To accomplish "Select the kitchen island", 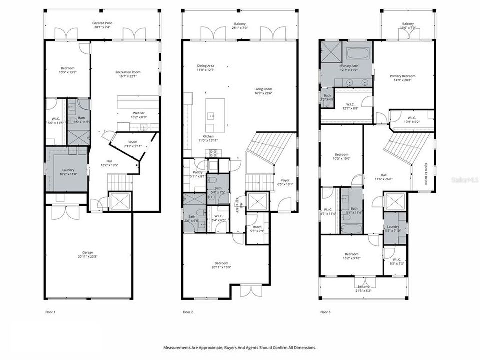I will coord(215,115).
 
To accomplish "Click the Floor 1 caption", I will coord(50,312).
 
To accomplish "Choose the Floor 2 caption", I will coord(188,312).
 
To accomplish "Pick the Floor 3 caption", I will coord(325,312).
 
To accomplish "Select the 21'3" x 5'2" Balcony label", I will coord(363,288).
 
